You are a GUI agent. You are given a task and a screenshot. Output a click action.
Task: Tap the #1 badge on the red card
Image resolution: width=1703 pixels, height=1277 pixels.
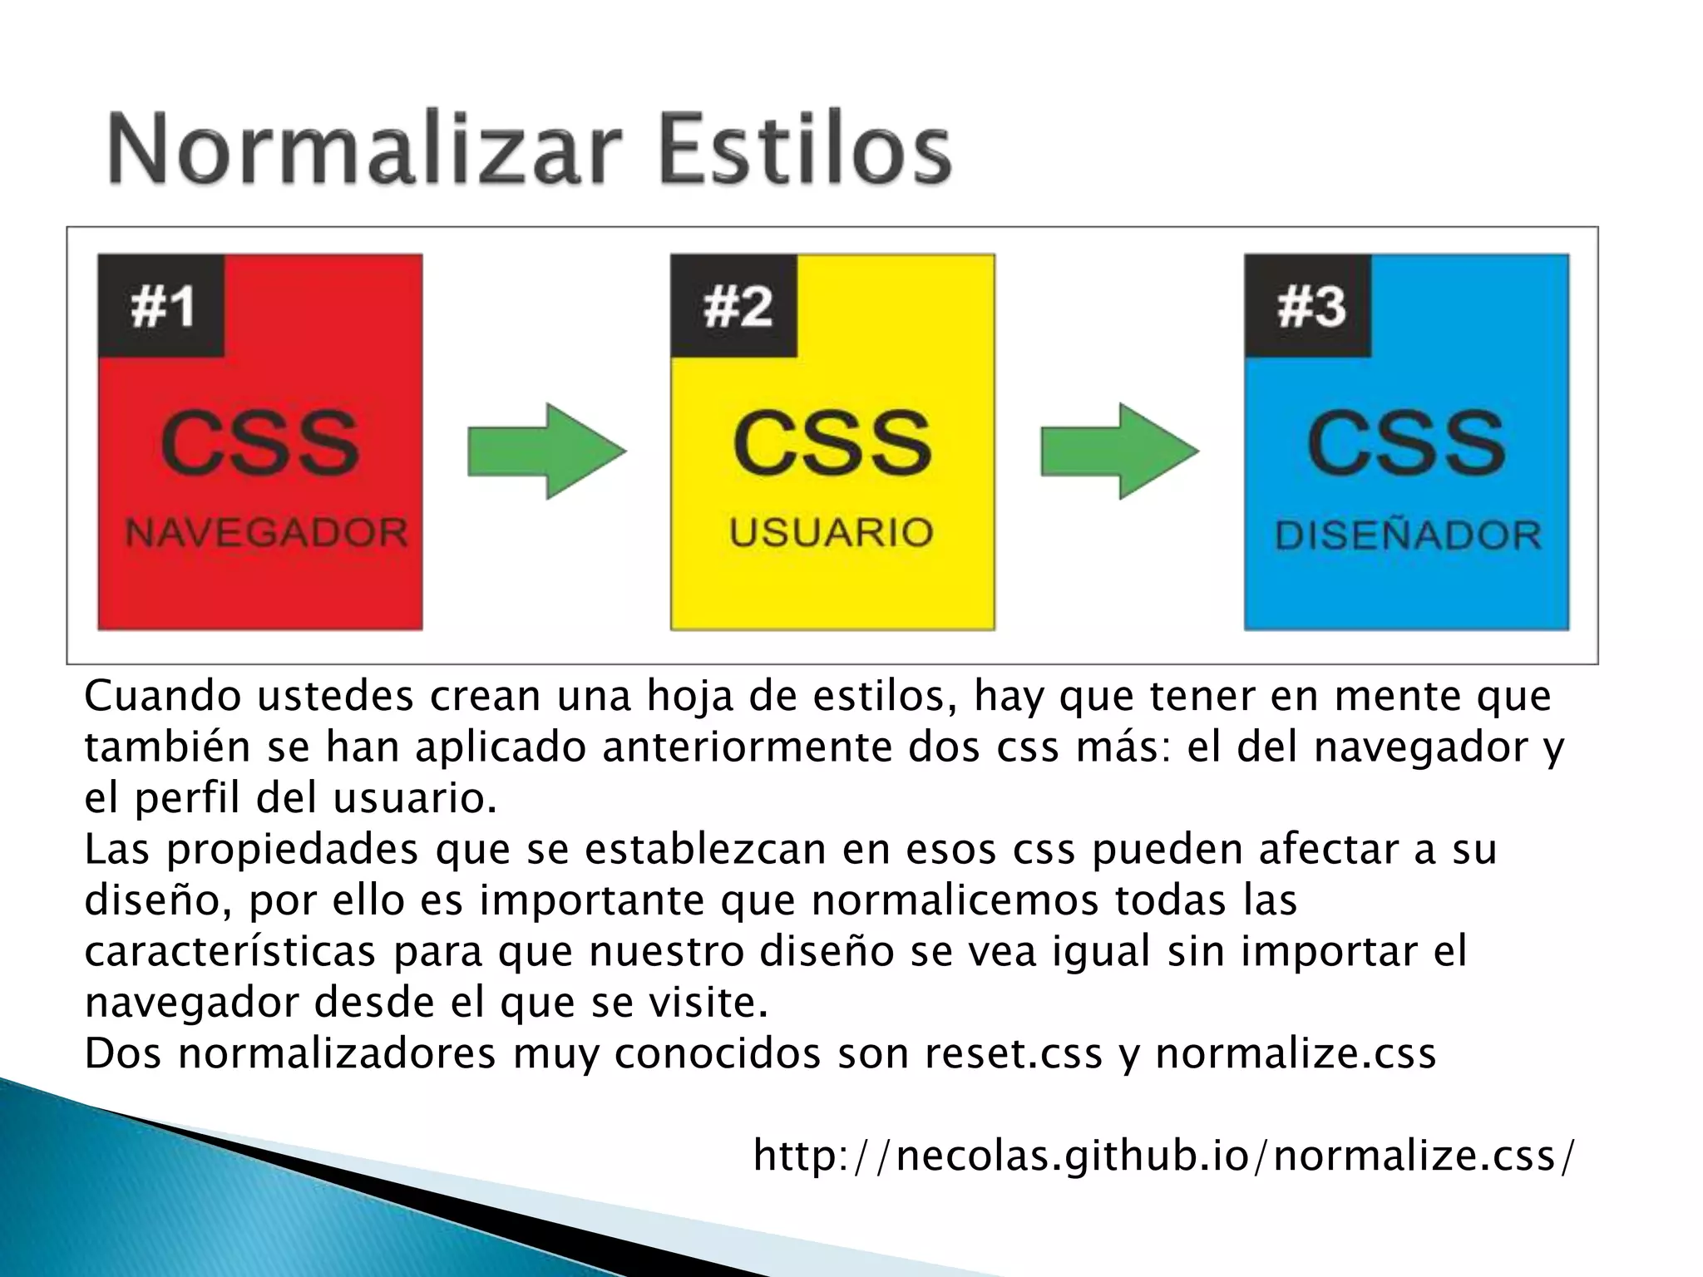coord(161,306)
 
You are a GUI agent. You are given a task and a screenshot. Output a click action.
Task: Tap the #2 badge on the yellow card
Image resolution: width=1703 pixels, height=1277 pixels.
coord(735,306)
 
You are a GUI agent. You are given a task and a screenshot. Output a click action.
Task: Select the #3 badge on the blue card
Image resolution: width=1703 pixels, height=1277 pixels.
coord(1309,306)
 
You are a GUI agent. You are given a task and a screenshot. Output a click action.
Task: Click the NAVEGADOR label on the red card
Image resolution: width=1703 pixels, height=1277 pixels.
coord(266,532)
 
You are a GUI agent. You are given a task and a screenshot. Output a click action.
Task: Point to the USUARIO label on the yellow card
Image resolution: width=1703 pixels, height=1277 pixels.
coord(832,532)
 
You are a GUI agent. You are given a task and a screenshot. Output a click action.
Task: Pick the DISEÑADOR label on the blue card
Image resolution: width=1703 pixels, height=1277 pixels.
coord(1408,535)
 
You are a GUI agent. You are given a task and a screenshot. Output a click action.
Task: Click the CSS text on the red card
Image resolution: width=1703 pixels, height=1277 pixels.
coord(259,442)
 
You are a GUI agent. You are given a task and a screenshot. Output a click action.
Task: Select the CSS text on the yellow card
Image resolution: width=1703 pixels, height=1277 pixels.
coord(832,442)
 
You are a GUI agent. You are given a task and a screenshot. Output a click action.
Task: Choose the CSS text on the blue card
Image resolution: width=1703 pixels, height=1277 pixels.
coord(1406,442)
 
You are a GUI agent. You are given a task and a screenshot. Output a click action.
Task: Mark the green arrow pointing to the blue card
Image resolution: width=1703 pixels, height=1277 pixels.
coord(1119,451)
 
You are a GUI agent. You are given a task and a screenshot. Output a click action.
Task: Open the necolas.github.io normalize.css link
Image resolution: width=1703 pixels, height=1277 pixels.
coord(1163,1156)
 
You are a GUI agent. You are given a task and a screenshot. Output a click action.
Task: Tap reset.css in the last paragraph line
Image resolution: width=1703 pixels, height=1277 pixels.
coord(1014,1053)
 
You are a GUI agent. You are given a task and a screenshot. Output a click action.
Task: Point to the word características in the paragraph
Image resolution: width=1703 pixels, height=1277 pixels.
coord(230,951)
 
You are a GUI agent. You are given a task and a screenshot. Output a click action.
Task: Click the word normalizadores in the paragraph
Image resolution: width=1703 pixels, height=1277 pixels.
coord(337,1053)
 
